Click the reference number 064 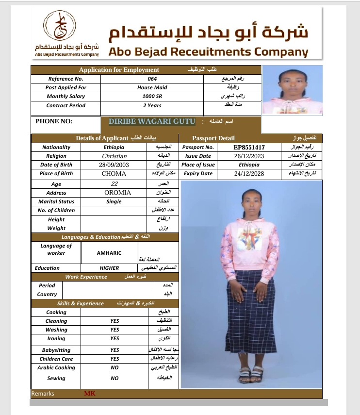(152, 79)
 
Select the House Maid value (152, 87)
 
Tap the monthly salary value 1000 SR (152, 96)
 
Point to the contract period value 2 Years (152, 105)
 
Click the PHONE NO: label (54, 121)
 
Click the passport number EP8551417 (249, 147)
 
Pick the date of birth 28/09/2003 (114, 165)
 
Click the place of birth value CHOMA (114, 174)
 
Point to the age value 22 (115, 184)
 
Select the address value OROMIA (117, 193)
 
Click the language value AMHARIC (109, 253)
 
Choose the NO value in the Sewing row (115, 378)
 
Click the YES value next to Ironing (115, 338)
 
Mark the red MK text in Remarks (90, 394)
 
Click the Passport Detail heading (213, 138)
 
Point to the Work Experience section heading (86, 277)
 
